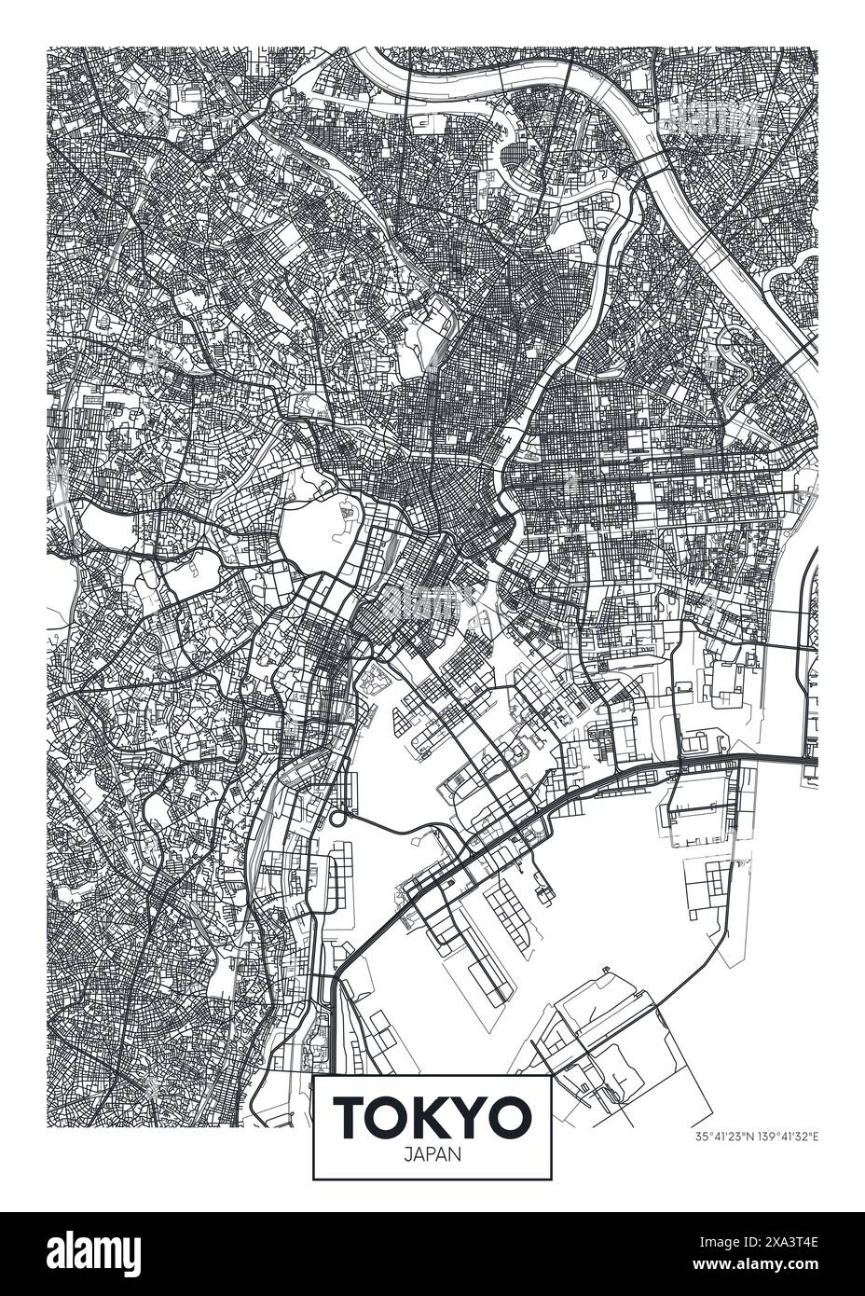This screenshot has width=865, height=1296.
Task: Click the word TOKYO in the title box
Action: click(x=432, y=1116)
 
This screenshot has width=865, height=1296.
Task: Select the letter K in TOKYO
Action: click(x=431, y=1116)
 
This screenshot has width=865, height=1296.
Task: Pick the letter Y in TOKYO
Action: click(x=471, y=1116)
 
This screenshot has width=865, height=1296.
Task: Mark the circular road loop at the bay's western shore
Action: click(x=336, y=820)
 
